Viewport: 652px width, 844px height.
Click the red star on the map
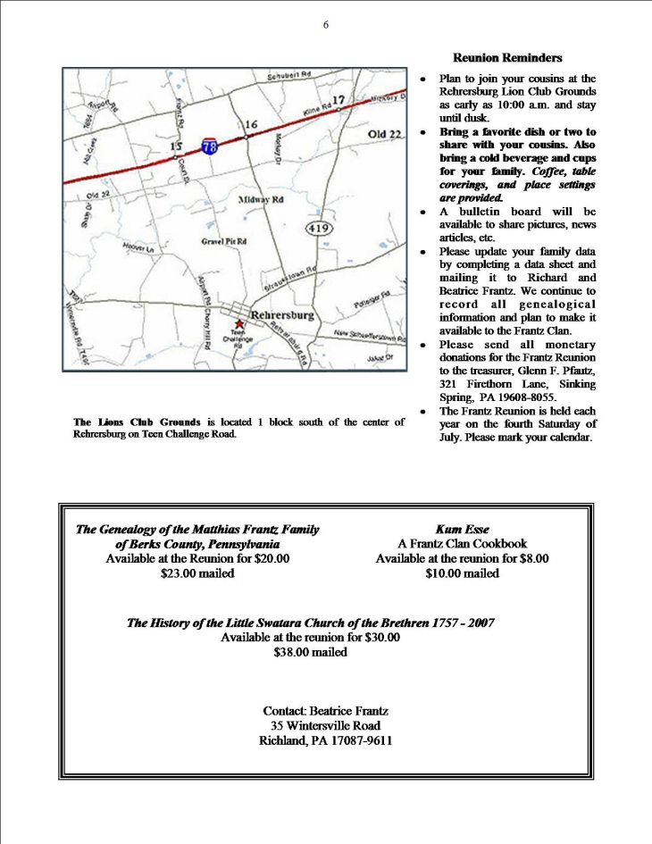pyautogui.click(x=238, y=324)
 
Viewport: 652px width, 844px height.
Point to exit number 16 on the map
pyautogui.click(x=251, y=124)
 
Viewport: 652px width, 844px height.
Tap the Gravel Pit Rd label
pyautogui.click(x=223, y=241)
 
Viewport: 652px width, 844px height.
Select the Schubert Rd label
pyautogui.click(x=288, y=77)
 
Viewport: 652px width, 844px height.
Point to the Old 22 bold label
pyautogui.click(x=387, y=134)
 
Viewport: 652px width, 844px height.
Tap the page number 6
pyautogui.click(x=326, y=24)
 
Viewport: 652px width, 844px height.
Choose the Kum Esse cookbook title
pyautogui.click(x=462, y=529)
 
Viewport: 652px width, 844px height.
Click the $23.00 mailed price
pyautogui.click(x=197, y=573)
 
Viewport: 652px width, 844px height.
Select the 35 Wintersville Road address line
pyautogui.click(x=325, y=726)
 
